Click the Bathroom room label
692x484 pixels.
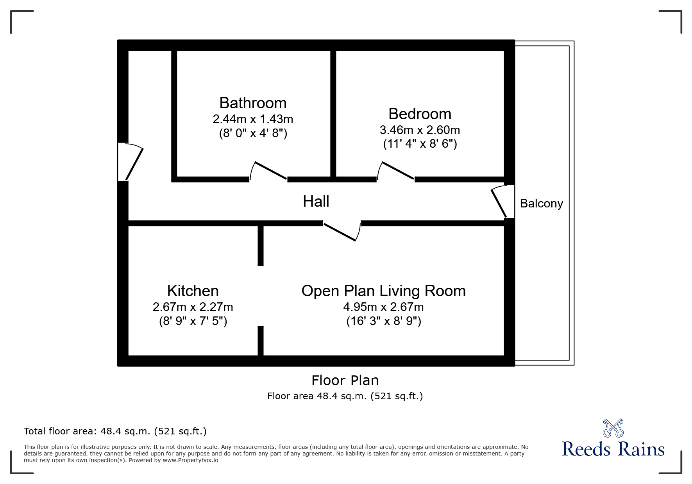253,103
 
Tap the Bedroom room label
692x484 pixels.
420,114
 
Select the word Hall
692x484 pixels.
316,202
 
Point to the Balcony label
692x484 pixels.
541,204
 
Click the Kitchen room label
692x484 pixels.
193,291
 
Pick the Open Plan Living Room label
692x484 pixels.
383,291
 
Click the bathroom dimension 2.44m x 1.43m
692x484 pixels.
253,119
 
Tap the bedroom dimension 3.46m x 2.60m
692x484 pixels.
420,130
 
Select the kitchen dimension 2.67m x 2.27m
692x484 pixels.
193,307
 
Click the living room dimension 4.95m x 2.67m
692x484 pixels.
383,307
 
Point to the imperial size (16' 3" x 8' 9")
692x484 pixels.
383,321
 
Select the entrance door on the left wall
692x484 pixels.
131,162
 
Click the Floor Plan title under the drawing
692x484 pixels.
345,380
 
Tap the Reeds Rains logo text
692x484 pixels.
613,449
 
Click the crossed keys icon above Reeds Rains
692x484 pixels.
613,428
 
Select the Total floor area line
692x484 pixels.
115,431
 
